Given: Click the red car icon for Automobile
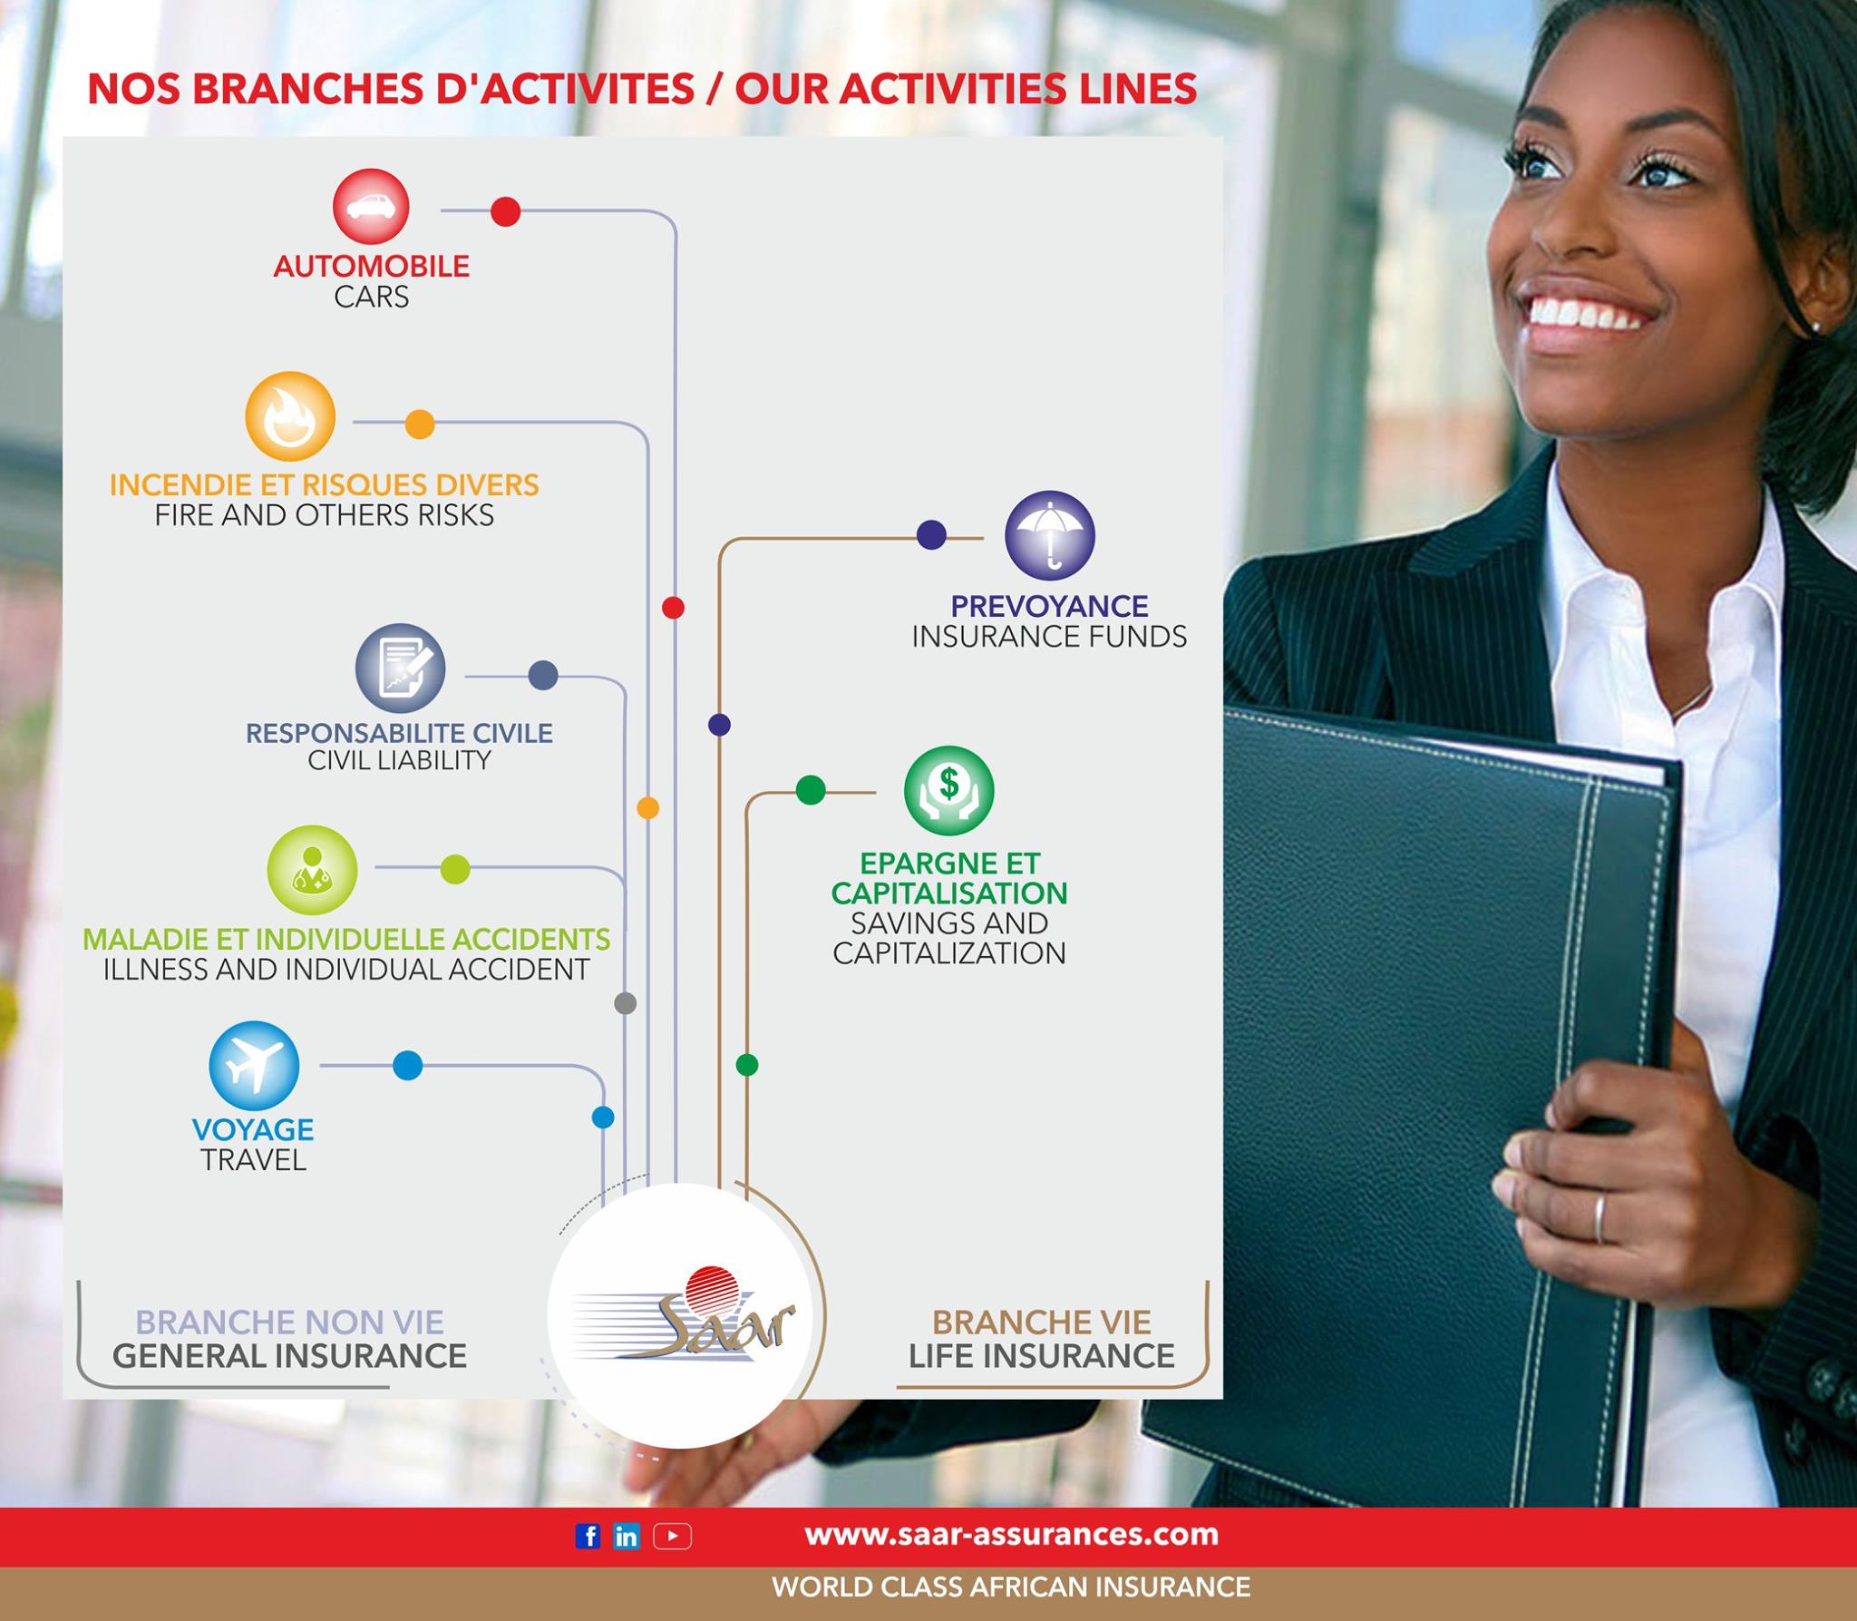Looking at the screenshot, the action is tap(371, 206).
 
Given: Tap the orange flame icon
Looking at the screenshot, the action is tap(290, 416).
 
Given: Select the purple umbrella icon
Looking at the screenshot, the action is tap(1050, 535).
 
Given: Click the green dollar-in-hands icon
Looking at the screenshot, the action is tap(949, 790).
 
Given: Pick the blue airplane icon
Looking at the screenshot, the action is tap(254, 1066).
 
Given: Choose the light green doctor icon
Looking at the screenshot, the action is tap(312, 870).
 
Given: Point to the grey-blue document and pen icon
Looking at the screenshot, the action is tap(400, 668).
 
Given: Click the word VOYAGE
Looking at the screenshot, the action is tap(253, 1129).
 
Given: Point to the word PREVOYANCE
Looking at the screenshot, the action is tap(1049, 606).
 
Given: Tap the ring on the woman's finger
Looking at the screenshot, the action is tap(1599, 1218).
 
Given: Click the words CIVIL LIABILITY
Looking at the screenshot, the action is tap(399, 760).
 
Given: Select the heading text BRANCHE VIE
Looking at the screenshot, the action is tap(1042, 1322).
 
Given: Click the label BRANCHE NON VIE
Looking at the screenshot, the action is tap(289, 1322).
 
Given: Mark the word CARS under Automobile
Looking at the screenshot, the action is tap(371, 297).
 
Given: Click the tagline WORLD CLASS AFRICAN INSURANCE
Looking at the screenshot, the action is tap(1011, 1587).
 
